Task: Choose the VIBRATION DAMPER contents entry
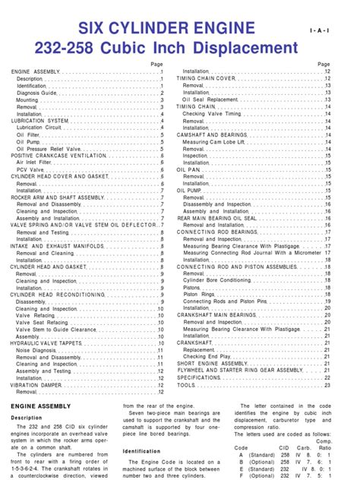click(x=36, y=385)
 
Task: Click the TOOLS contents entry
click(x=186, y=385)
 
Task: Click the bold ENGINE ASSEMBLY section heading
click(x=43, y=407)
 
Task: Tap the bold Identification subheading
click(x=142, y=451)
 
